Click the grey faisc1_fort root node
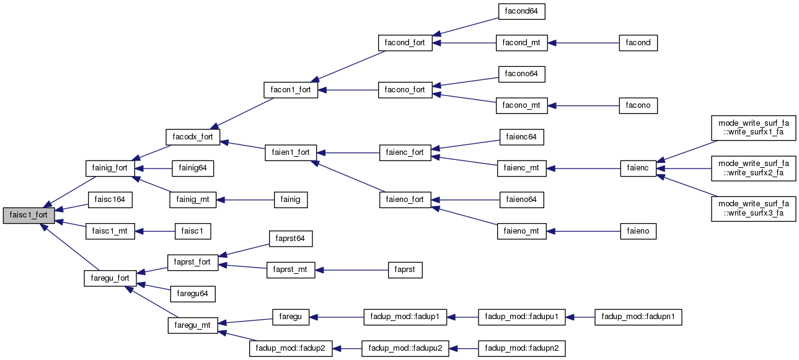click(29, 215)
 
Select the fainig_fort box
click(109, 167)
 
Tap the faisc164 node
click(110, 200)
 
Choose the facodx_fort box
click(193, 136)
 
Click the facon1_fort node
click(291, 90)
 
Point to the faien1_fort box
click(291, 152)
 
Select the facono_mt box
click(521, 105)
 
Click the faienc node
click(638, 168)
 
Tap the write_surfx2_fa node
click(754, 168)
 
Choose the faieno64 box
click(521, 200)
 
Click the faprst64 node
click(291, 238)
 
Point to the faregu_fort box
click(110, 278)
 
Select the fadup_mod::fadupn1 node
click(638, 317)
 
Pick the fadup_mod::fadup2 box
click(291, 348)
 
